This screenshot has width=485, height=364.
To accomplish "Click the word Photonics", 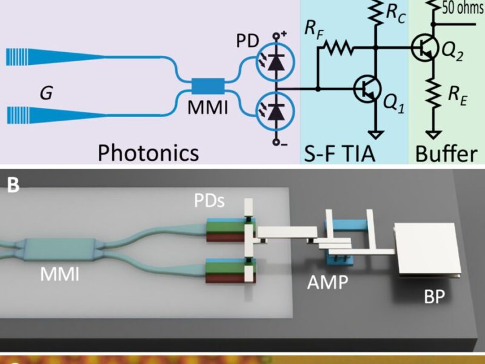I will point(148,152).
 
